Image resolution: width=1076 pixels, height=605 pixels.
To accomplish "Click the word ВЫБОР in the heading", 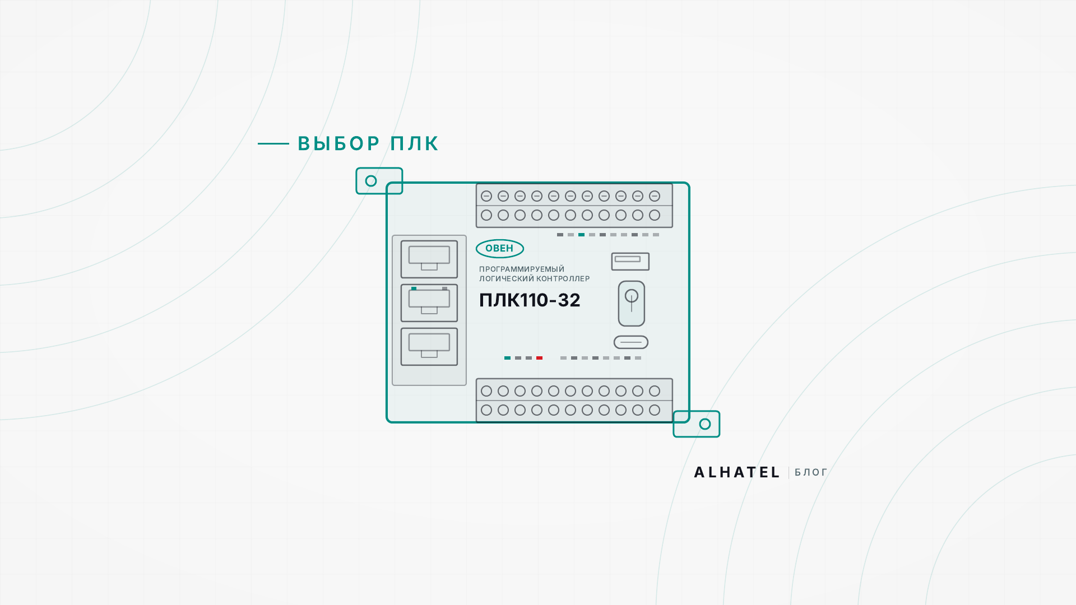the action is [x=339, y=144].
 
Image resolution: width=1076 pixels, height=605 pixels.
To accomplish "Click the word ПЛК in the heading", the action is [x=415, y=144].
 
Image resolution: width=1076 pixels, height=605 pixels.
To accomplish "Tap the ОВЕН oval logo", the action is [x=500, y=249].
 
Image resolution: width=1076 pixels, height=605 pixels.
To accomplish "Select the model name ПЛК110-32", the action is [x=530, y=300].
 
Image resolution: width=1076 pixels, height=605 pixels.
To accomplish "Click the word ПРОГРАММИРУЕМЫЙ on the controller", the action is [x=522, y=269].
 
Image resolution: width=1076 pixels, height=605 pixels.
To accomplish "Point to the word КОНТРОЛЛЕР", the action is [x=563, y=279].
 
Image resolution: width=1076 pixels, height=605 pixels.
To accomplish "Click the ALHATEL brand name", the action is [x=737, y=473].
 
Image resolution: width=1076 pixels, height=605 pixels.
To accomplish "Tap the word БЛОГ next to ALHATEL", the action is [x=811, y=473].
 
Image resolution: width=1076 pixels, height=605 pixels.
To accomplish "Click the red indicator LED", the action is [x=539, y=358].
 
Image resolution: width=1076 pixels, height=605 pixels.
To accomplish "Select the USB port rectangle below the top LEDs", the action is [x=630, y=262].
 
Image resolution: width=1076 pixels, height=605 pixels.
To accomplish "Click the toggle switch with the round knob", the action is [x=632, y=304].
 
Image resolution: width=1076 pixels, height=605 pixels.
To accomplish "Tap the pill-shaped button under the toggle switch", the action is [x=631, y=342].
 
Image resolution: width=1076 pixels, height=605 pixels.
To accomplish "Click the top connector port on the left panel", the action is [x=429, y=259].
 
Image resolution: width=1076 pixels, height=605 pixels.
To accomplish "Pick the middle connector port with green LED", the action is [x=429, y=303].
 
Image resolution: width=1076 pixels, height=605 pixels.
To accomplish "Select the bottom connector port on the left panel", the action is [x=429, y=347].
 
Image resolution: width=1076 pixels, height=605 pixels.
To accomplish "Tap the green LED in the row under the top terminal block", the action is [x=581, y=235].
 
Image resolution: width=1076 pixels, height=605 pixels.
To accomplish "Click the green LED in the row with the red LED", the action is [x=507, y=358].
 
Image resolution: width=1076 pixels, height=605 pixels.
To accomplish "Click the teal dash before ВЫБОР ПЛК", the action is [x=273, y=144].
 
